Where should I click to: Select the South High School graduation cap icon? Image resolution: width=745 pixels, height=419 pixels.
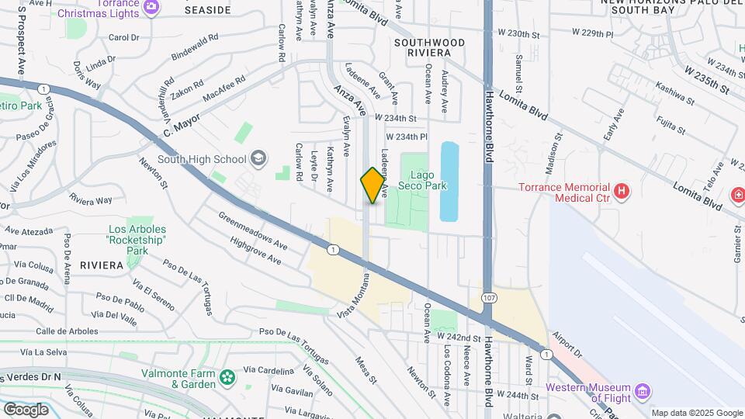tap(258, 160)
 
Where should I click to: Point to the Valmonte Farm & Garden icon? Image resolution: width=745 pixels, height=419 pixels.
tap(227, 378)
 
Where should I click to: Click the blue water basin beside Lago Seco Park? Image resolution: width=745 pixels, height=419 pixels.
tap(449, 181)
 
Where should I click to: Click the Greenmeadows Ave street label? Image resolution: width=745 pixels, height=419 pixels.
tap(253, 230)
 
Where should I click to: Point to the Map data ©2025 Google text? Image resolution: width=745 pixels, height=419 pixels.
tap(697, 413)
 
